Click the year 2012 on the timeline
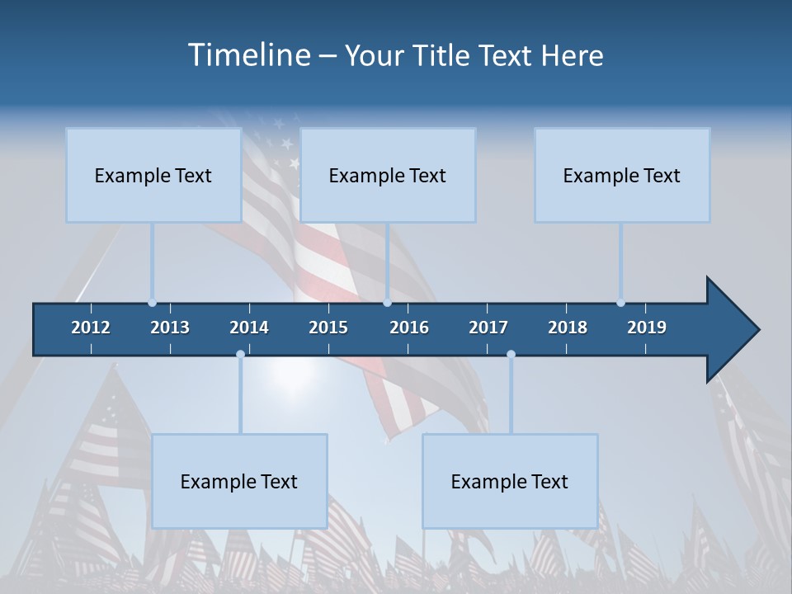(x=91, y=328)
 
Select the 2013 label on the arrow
(x=170, y=328)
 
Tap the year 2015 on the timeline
(x=328, y=328)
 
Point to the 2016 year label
(x=409, y=328)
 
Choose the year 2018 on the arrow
(x=568, y=328)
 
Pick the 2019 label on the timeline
(x=647, y=328)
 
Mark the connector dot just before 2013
(x=152, y=303)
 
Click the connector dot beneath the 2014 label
(x=240, y=355)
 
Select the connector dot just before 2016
(x=387, y=303)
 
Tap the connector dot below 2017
(x=511, y=355)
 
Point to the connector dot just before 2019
(x=620, y=303)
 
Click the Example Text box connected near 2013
(x=153, y=175)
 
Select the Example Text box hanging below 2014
(x=239, y=481)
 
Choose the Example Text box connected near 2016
(x=388, y=175)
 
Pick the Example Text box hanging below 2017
(x=510, y=481)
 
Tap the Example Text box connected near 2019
(x=622, y=175)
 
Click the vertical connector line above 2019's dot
(x=620, y=260)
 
